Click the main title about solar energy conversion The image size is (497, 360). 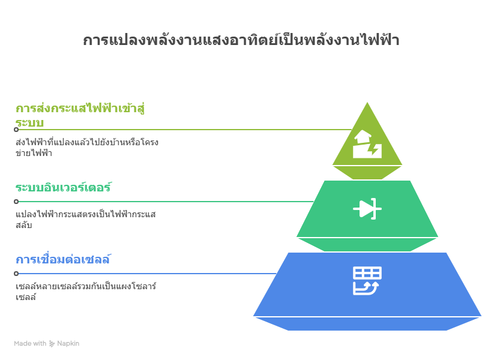[241, 40]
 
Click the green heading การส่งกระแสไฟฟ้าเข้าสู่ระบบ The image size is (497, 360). [80, 115]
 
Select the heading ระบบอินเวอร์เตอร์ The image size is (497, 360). [64, 187]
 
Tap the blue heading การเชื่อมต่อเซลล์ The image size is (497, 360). [64, 259]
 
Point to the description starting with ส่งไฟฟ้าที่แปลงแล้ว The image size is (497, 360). [87, 148]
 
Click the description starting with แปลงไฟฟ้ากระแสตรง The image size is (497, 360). [86, 219]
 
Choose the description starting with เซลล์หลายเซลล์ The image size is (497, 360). [86, 291]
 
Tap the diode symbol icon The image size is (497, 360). [367, 209]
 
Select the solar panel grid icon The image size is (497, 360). [367, 281]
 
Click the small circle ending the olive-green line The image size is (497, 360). [16, 130]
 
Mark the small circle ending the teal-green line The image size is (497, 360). [16, 202]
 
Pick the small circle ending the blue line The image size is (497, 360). [16, 274]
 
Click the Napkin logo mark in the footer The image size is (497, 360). [52, 344]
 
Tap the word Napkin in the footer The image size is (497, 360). [68, 344]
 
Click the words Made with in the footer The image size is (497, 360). [30, 344]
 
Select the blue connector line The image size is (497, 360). [148, 274]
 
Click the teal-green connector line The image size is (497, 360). [166, 202]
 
